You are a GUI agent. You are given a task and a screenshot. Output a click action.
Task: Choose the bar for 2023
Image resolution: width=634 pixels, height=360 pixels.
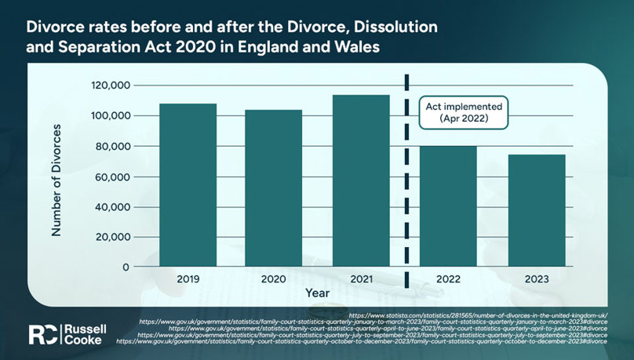point(537,211)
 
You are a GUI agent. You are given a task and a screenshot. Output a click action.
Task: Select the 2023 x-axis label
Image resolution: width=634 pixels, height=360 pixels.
point(537,278)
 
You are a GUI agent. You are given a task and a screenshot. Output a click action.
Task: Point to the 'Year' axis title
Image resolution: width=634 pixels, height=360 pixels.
point(317,292)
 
